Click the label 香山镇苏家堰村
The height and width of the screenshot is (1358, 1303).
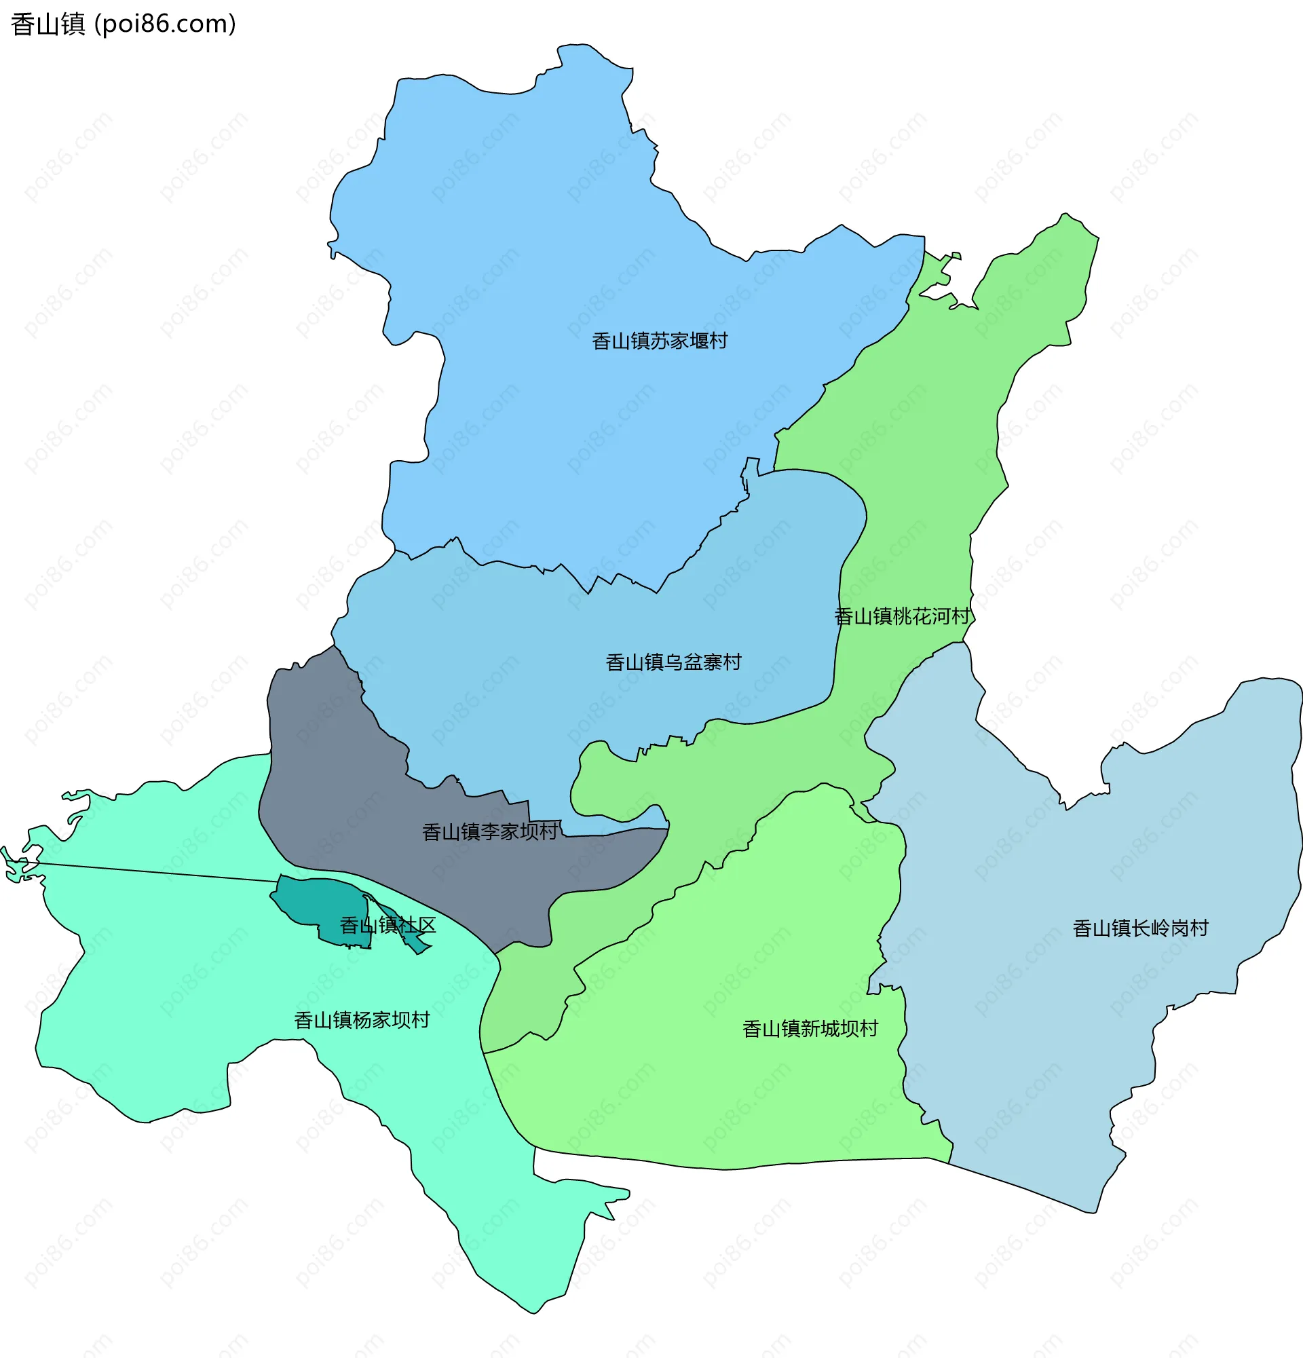pos(659,341)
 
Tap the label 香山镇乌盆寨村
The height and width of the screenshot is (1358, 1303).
pos(673,662)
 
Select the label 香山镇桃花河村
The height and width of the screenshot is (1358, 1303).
pos(901,616)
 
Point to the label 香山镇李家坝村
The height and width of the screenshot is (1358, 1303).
pos(490,831)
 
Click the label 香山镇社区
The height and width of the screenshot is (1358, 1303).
pos(388,925)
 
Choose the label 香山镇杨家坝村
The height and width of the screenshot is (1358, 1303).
pos(362,1020)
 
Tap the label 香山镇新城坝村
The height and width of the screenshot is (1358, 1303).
pos(810,1029)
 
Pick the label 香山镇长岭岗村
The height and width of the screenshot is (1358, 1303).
pos(1140,928)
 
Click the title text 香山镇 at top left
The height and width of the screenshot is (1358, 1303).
pos(47,24)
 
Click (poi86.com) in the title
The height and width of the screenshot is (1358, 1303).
pos(165,24)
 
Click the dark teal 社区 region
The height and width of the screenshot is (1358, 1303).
pos(319,901)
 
